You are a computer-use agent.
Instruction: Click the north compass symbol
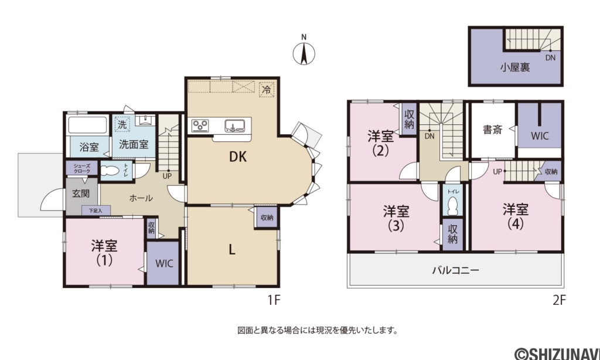coord(304,54)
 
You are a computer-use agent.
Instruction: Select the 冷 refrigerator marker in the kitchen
coord(267,90)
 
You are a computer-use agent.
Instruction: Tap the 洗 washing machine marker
coord(122,124)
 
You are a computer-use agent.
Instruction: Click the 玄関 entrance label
coord(81,193)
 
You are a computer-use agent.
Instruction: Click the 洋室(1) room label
coord(104,252)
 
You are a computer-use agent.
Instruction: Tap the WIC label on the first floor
coord(164,263)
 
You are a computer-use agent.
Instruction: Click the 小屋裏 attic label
coord(515,67)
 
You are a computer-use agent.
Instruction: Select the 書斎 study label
coord(492,130)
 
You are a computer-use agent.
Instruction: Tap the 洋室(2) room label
coord(380,142)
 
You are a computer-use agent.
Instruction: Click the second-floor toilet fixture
coord(452,205)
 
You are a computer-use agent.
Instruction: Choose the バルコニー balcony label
coord(456,271)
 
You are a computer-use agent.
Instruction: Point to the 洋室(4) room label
coord(516,216)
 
